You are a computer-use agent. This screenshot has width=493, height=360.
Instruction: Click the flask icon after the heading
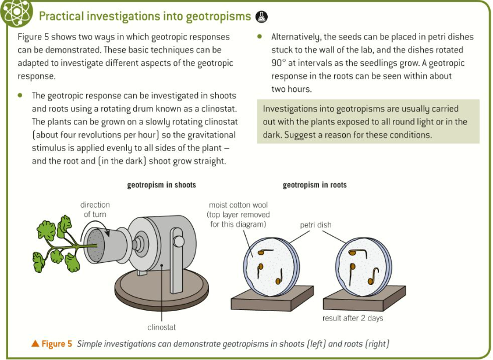pos(262,16)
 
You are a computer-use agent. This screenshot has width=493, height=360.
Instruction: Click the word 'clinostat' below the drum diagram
pos(161,327)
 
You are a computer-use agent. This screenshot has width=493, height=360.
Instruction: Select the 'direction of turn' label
pos(95,209)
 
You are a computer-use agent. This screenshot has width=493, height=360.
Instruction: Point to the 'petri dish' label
pos(316,224)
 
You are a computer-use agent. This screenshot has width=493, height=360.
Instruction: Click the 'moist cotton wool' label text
pos(239,214)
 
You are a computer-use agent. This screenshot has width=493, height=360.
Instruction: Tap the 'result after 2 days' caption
pos(353,318)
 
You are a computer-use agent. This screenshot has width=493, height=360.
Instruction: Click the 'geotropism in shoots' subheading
pos(161,185)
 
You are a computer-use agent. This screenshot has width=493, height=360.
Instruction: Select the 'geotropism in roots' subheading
pos(314,185)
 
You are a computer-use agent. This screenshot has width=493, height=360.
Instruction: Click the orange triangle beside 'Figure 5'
pos(36,344)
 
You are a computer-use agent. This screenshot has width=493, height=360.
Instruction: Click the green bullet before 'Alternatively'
pos(259,37)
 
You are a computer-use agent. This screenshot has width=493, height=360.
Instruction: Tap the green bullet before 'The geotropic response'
pos(21,95)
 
